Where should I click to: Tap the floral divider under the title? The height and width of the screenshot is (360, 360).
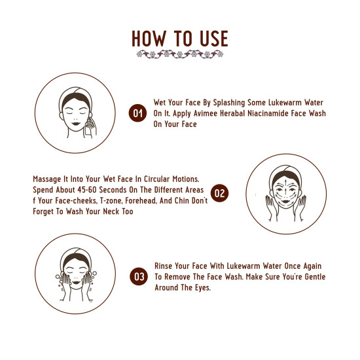(180, 55)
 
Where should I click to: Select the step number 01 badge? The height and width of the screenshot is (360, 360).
(137, 113)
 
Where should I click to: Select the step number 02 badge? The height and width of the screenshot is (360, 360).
(221, 193)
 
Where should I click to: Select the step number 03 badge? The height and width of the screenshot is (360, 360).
(139, 276)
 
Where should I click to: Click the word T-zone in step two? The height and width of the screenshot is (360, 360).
(116, 200)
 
